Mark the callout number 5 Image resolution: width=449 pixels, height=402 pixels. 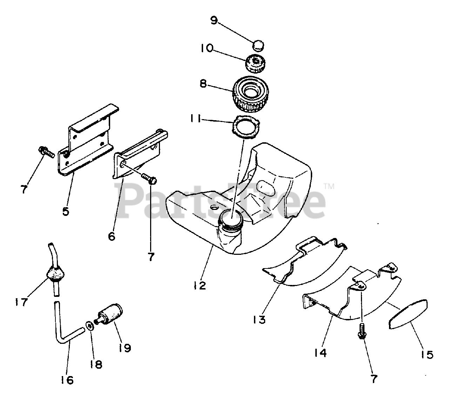point(66,211)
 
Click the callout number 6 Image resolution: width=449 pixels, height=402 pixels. point(112,237)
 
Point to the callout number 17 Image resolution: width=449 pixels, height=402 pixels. point(21,301)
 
